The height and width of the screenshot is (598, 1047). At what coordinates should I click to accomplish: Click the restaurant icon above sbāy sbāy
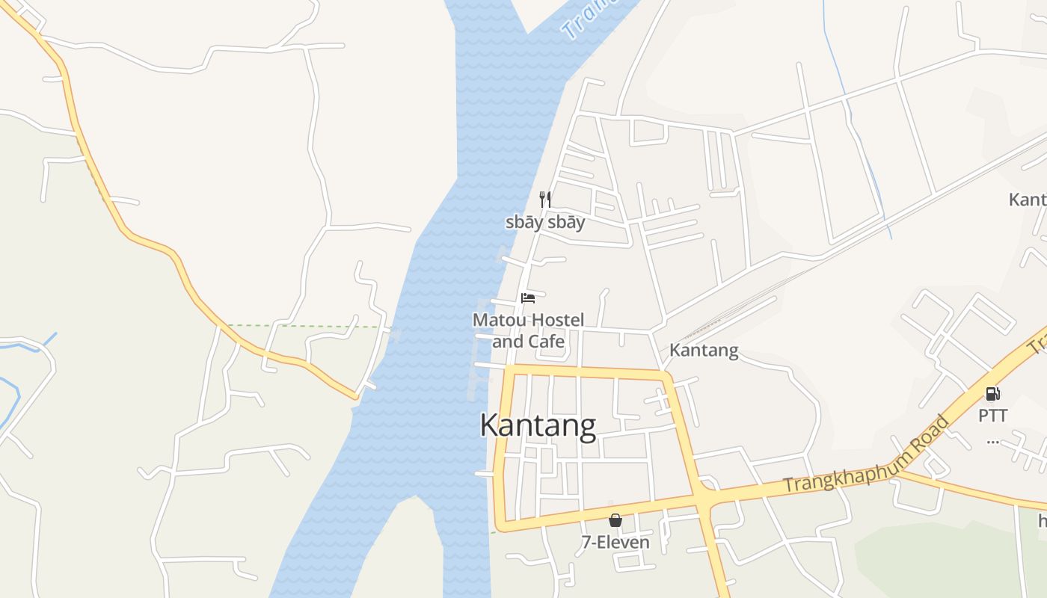[x=545, y=200]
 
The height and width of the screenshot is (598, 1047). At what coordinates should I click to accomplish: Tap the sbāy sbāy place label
[x=545, y=223]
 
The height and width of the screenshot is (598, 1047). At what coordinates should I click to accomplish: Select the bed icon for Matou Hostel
[x=528, y=298]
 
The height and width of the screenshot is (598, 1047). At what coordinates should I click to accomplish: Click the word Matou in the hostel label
[x=496, y=321]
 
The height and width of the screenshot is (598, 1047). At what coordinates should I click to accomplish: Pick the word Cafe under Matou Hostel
[x=547, y=342]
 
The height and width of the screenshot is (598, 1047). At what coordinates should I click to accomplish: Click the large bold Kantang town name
[x=538, y=425]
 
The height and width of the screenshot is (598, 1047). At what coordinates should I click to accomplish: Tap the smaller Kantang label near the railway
[x=704, y=350]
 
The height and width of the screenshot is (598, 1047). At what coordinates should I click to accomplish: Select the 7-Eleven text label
[x=615, y=542]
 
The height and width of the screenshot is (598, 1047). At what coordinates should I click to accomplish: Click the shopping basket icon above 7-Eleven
[x=615, y=520]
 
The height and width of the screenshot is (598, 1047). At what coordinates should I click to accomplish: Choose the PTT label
[x=993, y=416]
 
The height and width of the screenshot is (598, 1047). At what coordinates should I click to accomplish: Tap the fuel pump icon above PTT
[x=993, y=394]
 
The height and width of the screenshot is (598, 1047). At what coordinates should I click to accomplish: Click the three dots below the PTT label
[x=993, y=440]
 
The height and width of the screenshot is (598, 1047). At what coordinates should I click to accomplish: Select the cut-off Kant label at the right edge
[x=1027, y=200]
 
